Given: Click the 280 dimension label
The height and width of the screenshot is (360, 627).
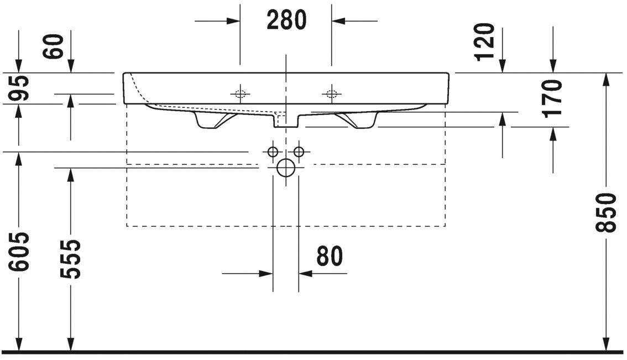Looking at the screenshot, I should [x=286, y=20].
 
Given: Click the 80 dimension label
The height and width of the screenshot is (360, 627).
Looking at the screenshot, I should [x=330, y=257].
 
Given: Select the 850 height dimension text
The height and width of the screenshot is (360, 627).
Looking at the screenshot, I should [x=607, y=213].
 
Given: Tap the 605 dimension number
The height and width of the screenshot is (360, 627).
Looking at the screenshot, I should [x=20, y=252].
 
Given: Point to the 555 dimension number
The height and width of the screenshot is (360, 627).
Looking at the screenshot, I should [x=71, y=259].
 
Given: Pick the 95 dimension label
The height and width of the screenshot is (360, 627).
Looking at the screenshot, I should [x=20, y=88].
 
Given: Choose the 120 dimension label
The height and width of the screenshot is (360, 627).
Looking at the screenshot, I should [x=485, y=41].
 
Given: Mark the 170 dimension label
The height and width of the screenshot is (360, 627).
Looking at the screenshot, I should [x=552, y=98].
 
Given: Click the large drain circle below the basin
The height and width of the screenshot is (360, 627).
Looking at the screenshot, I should [x=286, y=168].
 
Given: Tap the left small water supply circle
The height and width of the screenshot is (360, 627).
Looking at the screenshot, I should [x=272, y=152].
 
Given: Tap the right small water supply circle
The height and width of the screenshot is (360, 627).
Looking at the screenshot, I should [x=299, y=152].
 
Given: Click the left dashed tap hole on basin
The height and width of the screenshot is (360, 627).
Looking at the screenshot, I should [x=240, y=93].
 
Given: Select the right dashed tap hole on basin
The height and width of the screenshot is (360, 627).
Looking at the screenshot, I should [x=331, y=93].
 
